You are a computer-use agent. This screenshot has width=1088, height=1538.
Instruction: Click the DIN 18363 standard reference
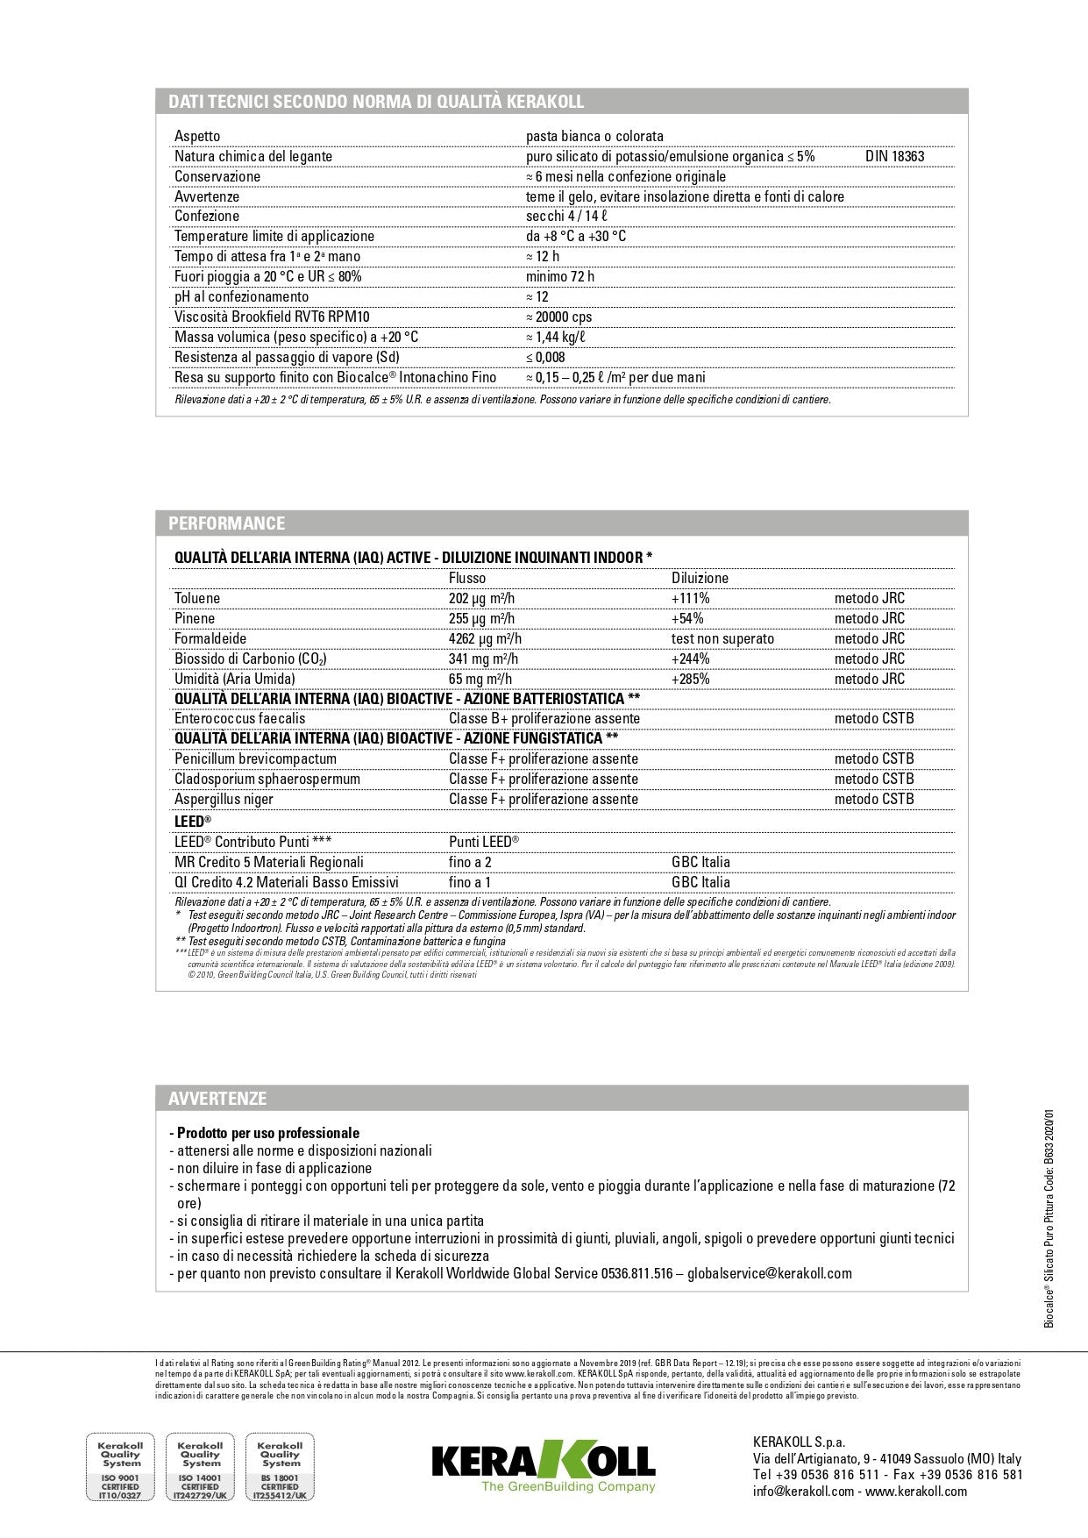[x=894, y=156]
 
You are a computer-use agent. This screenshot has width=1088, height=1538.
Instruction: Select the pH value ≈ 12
[x=537, y=296]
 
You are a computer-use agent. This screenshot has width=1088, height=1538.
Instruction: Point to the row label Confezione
[x=207, y=216]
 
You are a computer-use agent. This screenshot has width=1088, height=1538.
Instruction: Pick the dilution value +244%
[x=690, y=659]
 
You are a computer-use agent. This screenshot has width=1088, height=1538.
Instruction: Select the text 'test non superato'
[x=722, y=638]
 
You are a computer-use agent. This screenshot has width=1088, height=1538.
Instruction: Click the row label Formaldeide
[x=210, y=638]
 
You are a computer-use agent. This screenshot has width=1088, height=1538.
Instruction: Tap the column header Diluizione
[x=700, y=578]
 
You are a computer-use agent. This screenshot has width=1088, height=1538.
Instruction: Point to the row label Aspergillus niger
[x=224, y=799]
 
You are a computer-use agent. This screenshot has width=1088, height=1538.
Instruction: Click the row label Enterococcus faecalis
[x=240, y=718]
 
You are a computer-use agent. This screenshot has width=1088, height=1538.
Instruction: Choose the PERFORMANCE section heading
[x=227, y=523]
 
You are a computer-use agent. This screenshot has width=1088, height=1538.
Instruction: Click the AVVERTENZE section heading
[x=217, y=1099]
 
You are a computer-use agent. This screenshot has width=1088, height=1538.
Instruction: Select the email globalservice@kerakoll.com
[x=769, y=1273]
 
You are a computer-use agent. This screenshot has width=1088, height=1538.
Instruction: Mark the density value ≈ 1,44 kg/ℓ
[x=555, y=337]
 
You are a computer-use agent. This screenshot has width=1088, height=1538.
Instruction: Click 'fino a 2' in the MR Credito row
[x=470, y=862]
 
